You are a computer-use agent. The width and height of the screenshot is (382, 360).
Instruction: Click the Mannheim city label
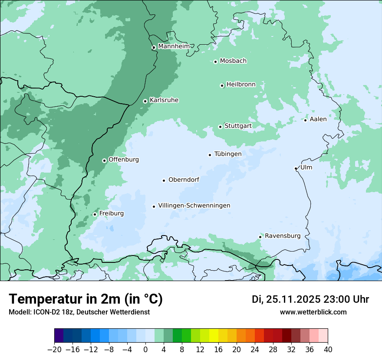174,46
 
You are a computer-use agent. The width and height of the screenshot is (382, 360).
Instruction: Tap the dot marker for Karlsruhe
145,101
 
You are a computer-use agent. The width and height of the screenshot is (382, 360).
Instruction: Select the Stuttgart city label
238,126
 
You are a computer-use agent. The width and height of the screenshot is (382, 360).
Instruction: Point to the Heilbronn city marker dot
222,85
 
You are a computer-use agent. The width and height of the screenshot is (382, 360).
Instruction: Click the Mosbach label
233,61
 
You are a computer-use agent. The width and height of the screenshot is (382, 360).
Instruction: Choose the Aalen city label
318,119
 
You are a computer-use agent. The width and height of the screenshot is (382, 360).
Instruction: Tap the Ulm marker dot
296,168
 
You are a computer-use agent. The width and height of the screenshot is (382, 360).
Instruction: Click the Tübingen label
228,154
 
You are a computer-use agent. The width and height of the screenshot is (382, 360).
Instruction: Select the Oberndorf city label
184,180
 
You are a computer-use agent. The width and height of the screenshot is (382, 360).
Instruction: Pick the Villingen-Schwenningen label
194,205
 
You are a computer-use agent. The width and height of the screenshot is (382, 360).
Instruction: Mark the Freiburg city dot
95,214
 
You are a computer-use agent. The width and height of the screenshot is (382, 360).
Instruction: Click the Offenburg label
124,159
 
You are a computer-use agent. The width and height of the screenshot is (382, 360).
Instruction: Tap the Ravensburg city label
283,236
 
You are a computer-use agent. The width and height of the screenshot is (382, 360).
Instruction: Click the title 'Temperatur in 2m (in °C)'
86,299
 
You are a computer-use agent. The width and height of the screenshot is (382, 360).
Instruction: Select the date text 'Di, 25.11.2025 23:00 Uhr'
310,299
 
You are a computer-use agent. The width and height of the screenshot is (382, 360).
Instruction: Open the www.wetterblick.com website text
313,312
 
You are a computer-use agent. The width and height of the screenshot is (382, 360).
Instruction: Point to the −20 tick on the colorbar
54,349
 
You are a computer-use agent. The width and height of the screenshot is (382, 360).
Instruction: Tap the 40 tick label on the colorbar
328,349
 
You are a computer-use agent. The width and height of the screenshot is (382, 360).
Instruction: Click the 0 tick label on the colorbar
145,349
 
